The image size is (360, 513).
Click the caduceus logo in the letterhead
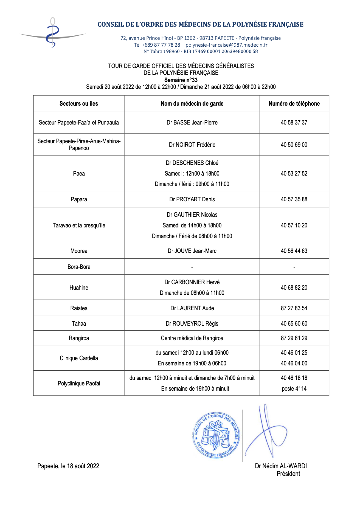52,33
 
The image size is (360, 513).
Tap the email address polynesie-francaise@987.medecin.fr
226,45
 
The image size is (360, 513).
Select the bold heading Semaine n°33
181,80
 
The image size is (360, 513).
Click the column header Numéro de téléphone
294,104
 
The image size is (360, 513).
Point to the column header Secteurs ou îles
79,104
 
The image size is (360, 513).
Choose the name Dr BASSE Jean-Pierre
192,123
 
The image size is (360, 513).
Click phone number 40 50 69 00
294,145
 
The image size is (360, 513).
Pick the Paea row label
79,174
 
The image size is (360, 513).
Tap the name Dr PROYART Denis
192,199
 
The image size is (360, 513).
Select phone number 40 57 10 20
294,226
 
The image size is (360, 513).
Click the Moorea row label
79,251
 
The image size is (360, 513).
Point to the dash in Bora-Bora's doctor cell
192,267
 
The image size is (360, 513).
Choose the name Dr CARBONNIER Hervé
192,282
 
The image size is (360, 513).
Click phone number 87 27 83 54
294,308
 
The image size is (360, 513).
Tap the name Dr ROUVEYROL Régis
192,324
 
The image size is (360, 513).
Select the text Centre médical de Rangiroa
192,338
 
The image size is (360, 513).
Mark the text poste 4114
294,389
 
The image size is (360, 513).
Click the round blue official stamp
216,435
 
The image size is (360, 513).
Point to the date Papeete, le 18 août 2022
68,466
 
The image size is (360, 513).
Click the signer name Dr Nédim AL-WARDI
281,466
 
